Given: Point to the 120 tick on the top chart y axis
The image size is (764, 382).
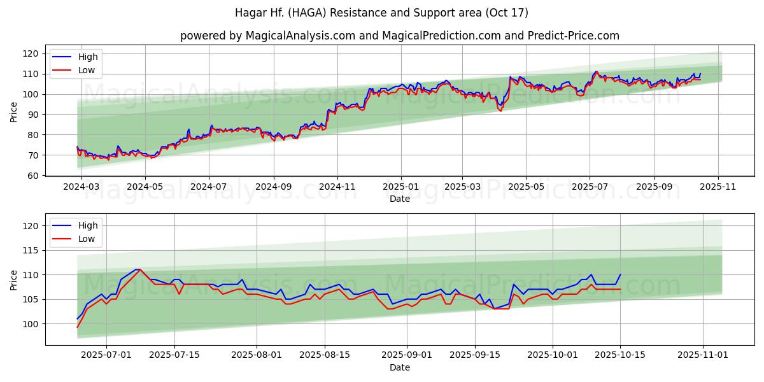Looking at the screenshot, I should click(32, 53).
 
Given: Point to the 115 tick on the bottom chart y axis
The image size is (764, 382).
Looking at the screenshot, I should click(32, 250).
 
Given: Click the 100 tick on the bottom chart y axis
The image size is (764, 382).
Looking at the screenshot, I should click(32, 324).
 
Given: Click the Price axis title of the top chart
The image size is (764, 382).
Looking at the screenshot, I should click(14, 113).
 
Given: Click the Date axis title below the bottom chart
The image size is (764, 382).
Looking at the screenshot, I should click(399, 367).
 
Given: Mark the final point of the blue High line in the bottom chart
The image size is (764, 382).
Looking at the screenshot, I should click(620, 274).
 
